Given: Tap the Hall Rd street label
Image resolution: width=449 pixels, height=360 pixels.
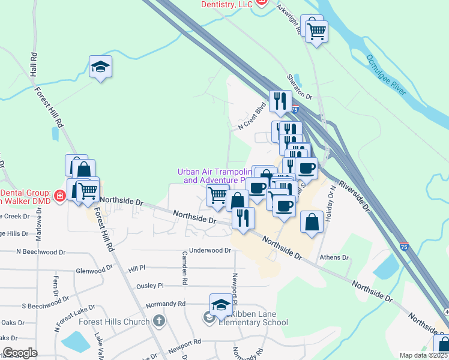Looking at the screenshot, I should pyautogui.click(x=34, y=64).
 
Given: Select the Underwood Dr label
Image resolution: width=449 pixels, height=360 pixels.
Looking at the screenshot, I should pyautogui.click(x=210, y=250).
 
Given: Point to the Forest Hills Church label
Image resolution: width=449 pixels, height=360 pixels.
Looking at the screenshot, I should pyautogui.click(x=114, y=321).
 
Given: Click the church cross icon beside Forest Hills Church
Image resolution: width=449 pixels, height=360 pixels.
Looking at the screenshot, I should pyautogui.click(x=159, y=320).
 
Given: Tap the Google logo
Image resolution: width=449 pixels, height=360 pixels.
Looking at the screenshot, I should pyautogui.click(x=20, y=353).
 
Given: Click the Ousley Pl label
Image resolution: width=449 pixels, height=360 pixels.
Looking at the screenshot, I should pyautogui.click(x=150, y=287).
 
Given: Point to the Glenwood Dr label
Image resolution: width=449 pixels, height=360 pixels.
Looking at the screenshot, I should pyautogui.click(x=94, y=271).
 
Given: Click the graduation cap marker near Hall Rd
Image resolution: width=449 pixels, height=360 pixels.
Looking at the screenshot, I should pyautogui.click(x=101, y=67).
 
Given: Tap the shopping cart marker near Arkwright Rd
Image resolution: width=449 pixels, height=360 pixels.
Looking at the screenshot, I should pyautogui.click(x=316, y=30).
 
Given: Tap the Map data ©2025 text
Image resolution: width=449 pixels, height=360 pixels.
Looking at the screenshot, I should pyautogui.click(x=423, y=355).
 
